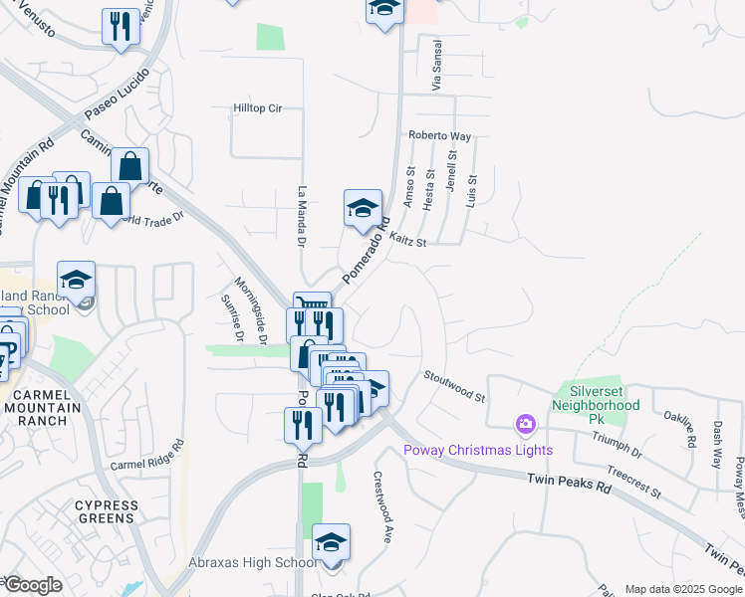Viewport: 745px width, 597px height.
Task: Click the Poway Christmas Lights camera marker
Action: click(x=525, y=426)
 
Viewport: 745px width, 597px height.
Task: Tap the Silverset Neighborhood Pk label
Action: click(x=598, y=398)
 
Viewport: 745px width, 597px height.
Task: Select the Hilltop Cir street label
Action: click(x=258, y=107)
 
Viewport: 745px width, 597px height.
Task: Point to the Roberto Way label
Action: click(x=439, y=135)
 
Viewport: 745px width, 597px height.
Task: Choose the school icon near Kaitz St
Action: click(x=363, y=208)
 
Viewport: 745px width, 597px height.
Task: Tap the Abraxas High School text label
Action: click(x=254, y=563)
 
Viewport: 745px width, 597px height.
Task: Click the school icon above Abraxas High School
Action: click(x=331, y=542)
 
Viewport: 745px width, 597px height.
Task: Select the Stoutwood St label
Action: click(x=453, y=385)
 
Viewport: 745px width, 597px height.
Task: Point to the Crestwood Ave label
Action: click(x=382, y=505)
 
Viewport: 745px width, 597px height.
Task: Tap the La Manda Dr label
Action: click(x=302, y=216)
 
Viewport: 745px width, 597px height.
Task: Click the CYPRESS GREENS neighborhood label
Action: click(x=107, y=511)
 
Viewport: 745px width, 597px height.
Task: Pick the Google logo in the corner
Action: click(x=33, y=585)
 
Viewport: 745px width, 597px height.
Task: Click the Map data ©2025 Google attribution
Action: click(x=683, y=589)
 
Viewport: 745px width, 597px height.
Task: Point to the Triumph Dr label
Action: click(x=623, y=443)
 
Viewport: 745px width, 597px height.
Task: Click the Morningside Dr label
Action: click(x=251, y=309)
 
